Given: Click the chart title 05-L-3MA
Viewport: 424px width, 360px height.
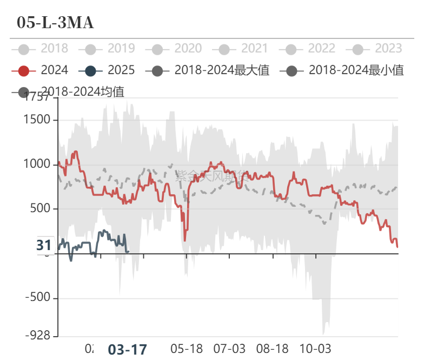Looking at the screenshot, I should click(x=55, y=23).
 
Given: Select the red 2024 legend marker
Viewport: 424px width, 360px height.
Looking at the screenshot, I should click(x=23, y=70).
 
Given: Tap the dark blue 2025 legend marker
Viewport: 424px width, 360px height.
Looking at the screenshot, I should click(x=90, y=70).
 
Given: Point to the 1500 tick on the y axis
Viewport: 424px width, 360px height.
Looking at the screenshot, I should click(x=38, y=120).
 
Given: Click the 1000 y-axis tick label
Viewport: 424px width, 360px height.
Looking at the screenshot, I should click(x=38, y=165).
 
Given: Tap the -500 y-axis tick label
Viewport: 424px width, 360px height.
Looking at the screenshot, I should click(x=38, y=298).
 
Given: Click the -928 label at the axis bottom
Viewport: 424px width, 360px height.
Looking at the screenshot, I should click(x=38, y=336).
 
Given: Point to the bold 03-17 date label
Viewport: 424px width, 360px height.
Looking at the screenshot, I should click(x=128, y=350).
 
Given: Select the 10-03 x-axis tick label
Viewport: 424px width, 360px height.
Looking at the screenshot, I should click(x=315, y=348).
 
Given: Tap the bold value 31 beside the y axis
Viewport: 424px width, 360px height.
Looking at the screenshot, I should click(x=44, y=246).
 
